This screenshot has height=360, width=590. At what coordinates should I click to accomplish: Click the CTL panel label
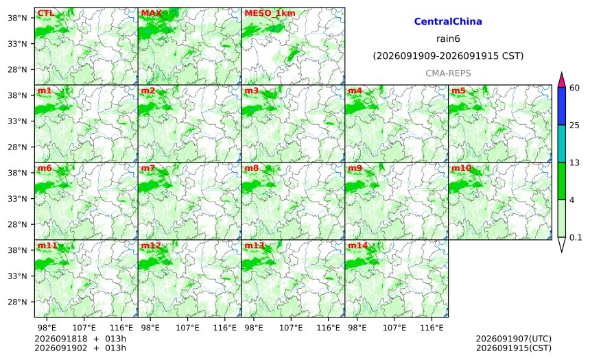pos(45,14)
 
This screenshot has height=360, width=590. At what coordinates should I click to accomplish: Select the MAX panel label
pos(151,14)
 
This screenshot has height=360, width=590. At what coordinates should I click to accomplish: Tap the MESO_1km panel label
pos(270,14)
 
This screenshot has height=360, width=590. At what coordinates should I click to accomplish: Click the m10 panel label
pos(461,168)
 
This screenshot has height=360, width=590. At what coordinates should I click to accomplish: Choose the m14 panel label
pos(357,245)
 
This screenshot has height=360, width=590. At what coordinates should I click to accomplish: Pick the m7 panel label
pos(148,168)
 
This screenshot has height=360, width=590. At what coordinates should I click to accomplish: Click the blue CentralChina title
pos(448,21)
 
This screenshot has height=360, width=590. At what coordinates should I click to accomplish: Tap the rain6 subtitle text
pos(448,39)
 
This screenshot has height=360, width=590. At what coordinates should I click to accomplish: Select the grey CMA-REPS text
pos(448,73)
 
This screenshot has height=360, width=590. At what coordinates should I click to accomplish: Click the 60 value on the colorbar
pos(575,88)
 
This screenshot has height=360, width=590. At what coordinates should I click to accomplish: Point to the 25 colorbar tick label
pos(575,125)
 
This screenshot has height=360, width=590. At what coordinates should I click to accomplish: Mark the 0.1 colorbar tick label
pos(576,237)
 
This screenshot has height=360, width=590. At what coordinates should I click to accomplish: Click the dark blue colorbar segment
pos(561,106)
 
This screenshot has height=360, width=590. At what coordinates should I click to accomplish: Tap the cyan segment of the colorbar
pos(561,144)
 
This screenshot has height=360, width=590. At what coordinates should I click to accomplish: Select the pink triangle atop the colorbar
pos(561,81)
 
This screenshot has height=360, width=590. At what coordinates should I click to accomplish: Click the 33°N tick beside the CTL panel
pos(17,44)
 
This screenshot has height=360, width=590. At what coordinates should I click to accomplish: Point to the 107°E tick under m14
pos(394,328)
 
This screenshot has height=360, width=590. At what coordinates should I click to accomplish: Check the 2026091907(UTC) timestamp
pos(514,339)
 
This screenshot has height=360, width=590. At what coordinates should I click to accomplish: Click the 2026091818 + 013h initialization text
pos(80,339)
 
